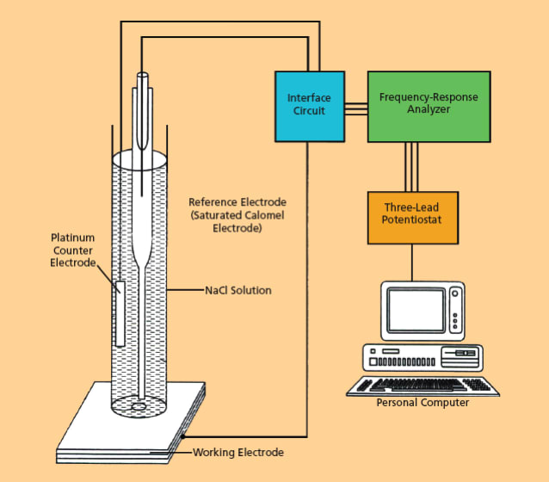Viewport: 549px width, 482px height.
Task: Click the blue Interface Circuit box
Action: pos(308,105)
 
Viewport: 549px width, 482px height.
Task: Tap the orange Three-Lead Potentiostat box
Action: pos(411,215)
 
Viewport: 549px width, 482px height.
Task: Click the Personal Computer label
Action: pos(423,403)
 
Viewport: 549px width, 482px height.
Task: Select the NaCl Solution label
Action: pos(237,291)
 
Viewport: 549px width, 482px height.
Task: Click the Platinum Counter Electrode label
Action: pos(72,250)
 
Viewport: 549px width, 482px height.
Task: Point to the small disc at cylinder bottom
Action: pos(139,405)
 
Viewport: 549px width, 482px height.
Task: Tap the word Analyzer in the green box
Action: pos(429,109)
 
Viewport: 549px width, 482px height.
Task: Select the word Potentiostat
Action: pos(411,221)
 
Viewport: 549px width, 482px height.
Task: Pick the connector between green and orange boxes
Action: pos(411,167)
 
